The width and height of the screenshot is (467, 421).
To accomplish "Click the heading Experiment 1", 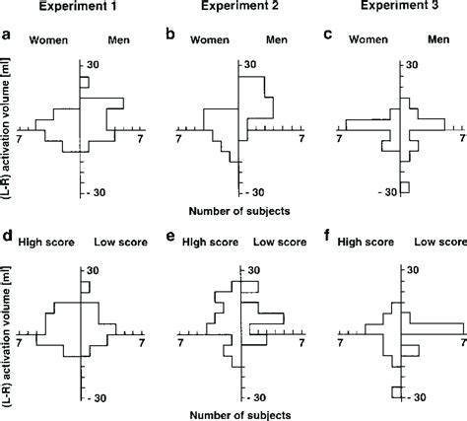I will pyautogui.click(x=80, y=9).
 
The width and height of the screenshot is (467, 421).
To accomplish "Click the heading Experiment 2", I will pyautogui.click(x=236, y=9).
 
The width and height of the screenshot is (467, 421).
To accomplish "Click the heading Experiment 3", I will pyautogui.click(x=391, y=9).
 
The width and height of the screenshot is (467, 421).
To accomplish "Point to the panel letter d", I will pyautogui.click(x=8, y=237).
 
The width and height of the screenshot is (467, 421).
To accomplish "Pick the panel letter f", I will pyautogui.click(x=328, y=237).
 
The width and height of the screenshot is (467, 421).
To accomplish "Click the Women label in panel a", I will pyautogui.click(x=47, y=42).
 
